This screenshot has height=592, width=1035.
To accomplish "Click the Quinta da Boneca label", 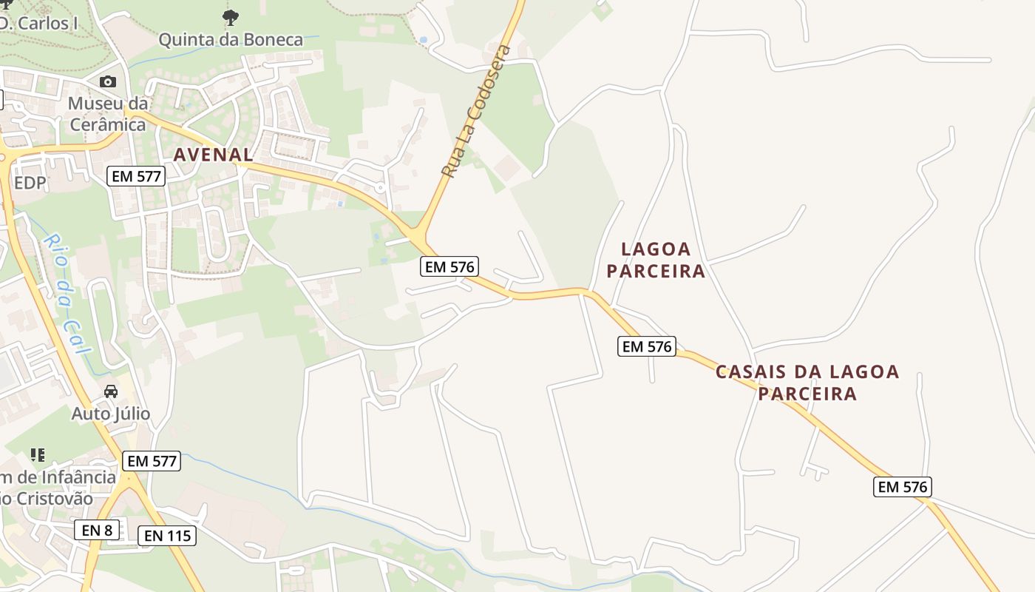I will pos(231,39).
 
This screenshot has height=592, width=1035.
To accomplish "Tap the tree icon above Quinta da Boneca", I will pos(231,17).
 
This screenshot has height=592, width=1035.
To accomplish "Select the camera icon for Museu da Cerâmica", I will pos(108,81).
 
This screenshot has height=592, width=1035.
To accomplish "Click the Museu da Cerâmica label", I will pos(107,113).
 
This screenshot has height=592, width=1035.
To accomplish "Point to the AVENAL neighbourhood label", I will pos(213,155).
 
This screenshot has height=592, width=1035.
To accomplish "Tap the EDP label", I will pos(30,182).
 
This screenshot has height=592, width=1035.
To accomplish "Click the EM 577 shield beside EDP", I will pos(136,176).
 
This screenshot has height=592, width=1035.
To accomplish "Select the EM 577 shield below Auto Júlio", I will pos(152,461).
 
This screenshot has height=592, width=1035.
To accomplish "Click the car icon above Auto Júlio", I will pos(111,391).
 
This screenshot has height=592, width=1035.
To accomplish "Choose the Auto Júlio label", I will pos(111,414).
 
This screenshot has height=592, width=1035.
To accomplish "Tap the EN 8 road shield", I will pos(97,530).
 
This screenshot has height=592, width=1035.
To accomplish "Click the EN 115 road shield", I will pos(167,536).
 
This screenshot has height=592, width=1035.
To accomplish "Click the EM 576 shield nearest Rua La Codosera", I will pos(449,266).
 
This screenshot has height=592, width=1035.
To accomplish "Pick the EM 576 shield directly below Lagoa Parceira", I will pos(647,346).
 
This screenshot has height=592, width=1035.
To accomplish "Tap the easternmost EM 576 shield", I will pos(902,486).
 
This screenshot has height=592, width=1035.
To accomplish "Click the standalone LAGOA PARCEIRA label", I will pos(656,260).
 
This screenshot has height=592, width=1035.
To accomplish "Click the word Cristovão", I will pos(52,499).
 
